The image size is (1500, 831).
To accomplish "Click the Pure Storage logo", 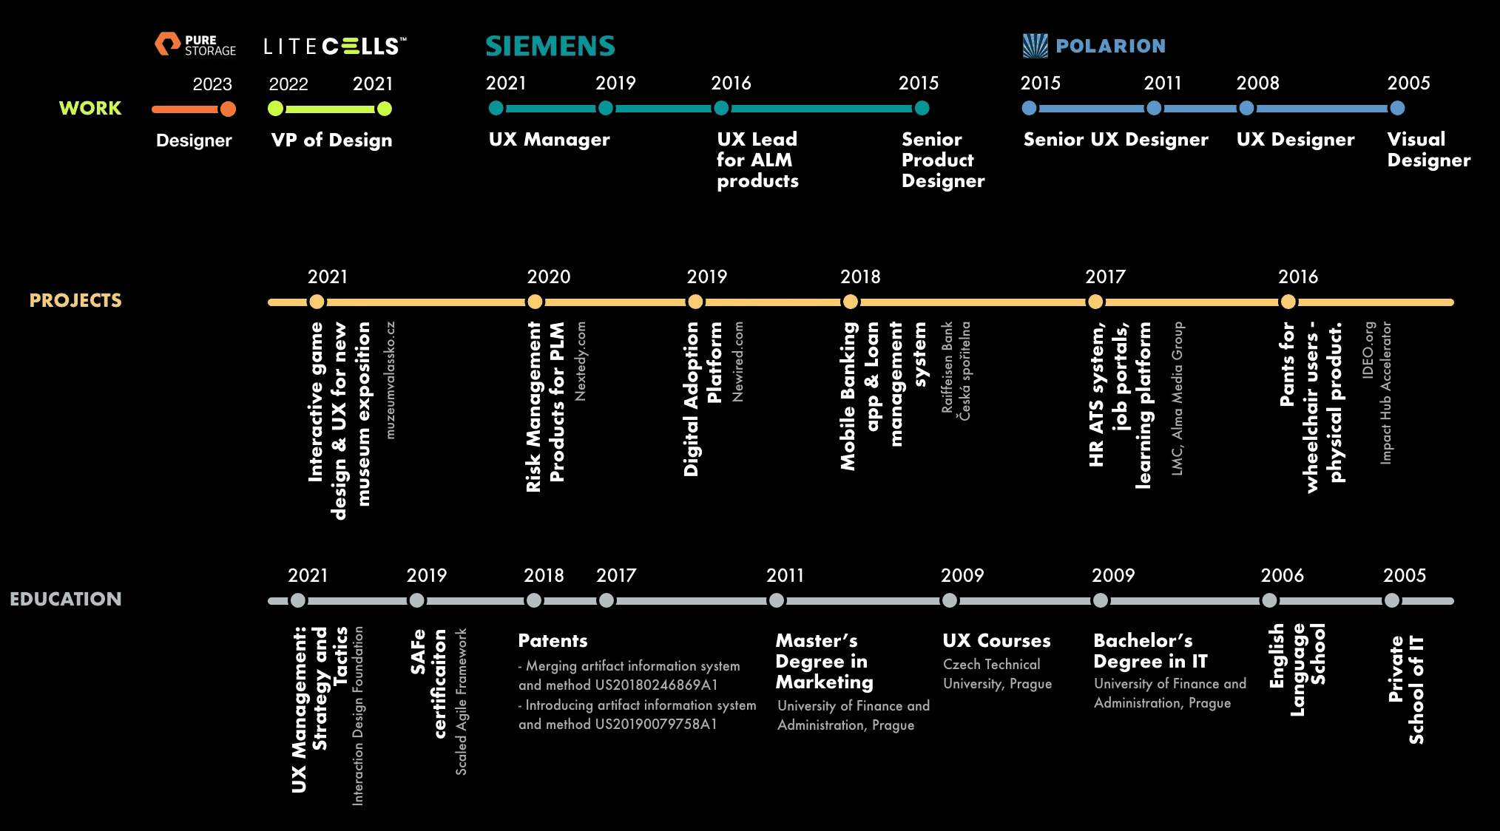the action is coord(195,44).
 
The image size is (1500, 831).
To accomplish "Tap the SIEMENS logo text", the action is coord(550,47).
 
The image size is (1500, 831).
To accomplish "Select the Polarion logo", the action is coord(1094,46).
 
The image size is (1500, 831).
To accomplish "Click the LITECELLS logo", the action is coord(335,47).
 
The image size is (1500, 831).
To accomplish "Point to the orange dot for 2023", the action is coord(228,109).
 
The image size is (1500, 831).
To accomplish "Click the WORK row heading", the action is coord(90,108).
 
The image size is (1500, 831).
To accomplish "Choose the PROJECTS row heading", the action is coord(75,300).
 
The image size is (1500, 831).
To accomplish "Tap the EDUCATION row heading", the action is coord(66,599).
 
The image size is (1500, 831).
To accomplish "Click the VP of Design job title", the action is coord(331,140).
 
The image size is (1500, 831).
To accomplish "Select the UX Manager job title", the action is coord(549,140).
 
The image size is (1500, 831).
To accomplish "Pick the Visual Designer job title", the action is coord(1429,149).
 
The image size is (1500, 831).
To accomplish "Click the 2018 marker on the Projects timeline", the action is coord(851,302).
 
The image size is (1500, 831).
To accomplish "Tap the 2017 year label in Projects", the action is coord(1105,277).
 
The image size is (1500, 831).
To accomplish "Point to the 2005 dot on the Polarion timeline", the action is coord(1397,108).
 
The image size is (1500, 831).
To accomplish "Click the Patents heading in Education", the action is coord(553,640).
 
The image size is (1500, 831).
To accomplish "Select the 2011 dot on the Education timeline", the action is coord(777,600).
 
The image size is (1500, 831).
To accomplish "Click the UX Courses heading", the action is coord(996,640).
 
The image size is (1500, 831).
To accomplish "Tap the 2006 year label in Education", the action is coord(1282,575).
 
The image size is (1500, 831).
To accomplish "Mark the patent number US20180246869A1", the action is coord(656,685).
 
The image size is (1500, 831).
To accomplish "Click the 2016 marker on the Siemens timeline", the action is coord(721,108).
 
